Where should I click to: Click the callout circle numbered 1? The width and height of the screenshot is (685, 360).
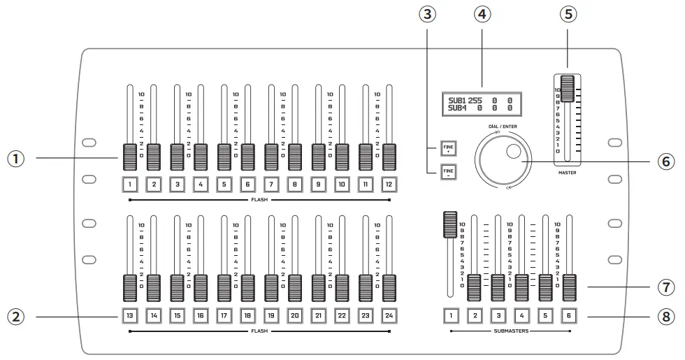(x=17, y=159)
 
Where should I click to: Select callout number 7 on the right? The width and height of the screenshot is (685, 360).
(x=665, y=287)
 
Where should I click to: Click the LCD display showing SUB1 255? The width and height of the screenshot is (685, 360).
(x=481, y=104)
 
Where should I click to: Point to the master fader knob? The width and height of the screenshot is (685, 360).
(x=567, y=89)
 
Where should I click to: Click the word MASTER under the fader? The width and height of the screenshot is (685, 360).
(x=567, y=172)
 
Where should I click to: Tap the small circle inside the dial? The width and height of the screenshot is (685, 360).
(x=514, y=152)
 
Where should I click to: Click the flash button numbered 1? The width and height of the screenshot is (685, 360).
(x=130, y=185)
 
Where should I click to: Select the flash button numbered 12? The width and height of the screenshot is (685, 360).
(x=389, y=185)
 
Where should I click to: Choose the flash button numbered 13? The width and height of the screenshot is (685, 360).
(x=130, y=315)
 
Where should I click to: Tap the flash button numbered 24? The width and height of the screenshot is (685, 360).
(x=389, y=315)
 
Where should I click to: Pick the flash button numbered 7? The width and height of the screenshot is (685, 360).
(x=271, y=185)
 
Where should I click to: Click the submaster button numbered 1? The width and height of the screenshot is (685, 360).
(x=451, y=315)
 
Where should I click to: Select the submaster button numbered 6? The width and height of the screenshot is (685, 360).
(x=570, y=315)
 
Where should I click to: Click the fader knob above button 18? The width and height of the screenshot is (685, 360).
(x=248, y=287)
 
